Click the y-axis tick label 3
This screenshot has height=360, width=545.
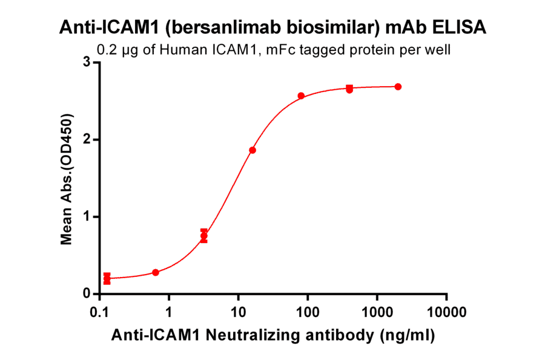click(x=87, y=62)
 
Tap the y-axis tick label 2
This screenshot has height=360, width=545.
click(x=87, y=139)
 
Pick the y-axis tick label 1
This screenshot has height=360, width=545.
click(x=87, y=217)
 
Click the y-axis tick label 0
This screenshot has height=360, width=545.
click(x=87, y=294)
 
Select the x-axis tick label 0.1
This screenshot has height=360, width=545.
click(x=99, y=312)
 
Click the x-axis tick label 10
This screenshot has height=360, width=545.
click(x=238, y=312)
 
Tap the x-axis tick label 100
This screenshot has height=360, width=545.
click(x=308, y=312)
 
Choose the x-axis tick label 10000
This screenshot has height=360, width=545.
click(x=446, y=312)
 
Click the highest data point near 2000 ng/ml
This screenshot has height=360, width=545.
click(x=398, y=87)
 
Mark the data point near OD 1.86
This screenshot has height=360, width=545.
click(x=253, y=150)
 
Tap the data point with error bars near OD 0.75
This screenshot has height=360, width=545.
click(x=204, y=236)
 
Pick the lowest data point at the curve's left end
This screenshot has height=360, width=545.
click(x=107, y=279)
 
